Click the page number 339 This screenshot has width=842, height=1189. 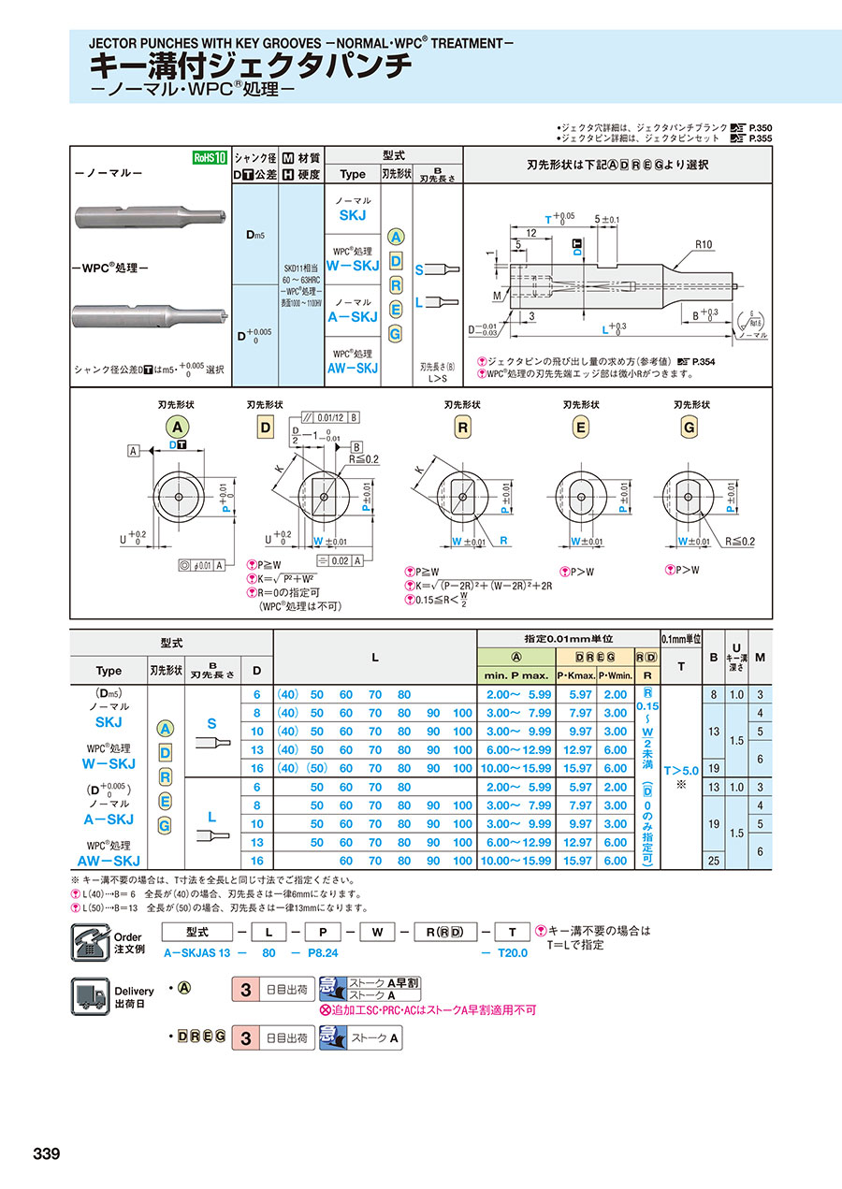coord(46,1153)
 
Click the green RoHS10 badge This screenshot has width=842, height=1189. coord(210,157)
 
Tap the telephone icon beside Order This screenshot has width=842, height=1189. coord(90,941)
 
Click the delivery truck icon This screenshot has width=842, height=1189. coord(90,995)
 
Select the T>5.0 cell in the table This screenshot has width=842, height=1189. coord(680,771)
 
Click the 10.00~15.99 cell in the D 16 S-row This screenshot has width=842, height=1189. coord(515,768)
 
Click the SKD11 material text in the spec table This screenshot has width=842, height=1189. coord(301,267)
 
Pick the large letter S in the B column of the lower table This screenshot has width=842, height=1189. coord(211,723)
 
